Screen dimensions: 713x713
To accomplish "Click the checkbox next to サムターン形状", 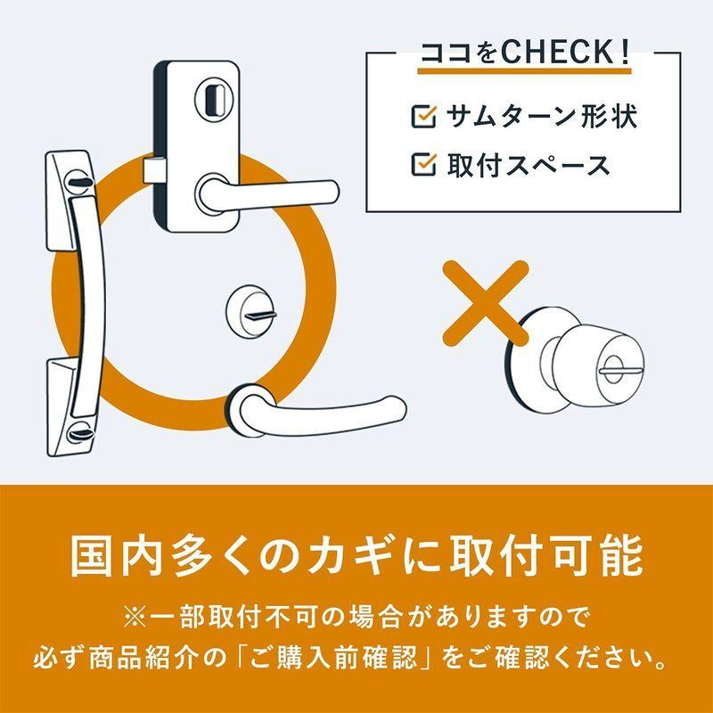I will point(422,116).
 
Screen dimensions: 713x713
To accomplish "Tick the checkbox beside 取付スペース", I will point(422,165).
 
